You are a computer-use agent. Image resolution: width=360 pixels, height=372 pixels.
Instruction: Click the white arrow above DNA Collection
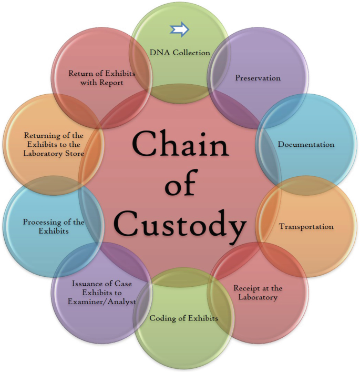(x=180, y=31)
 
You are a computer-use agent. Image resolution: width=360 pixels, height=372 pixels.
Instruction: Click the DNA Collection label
(x=180, y=52)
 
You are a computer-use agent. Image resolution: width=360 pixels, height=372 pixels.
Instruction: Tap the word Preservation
(x=258, y=78)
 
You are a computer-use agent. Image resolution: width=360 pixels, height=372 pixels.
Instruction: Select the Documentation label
(x=306, y=144)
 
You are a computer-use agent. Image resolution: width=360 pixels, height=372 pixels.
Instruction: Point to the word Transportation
(x=306, y=227)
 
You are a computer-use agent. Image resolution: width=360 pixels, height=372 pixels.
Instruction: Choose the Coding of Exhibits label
(x=183, y=318)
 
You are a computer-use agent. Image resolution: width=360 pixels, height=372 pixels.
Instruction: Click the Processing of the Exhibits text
(x=54, y=226)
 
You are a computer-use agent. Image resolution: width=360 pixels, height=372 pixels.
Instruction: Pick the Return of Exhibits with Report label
(x=102, y=77)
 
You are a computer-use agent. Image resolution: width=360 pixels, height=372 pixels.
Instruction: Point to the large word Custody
(x=180, y=225)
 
